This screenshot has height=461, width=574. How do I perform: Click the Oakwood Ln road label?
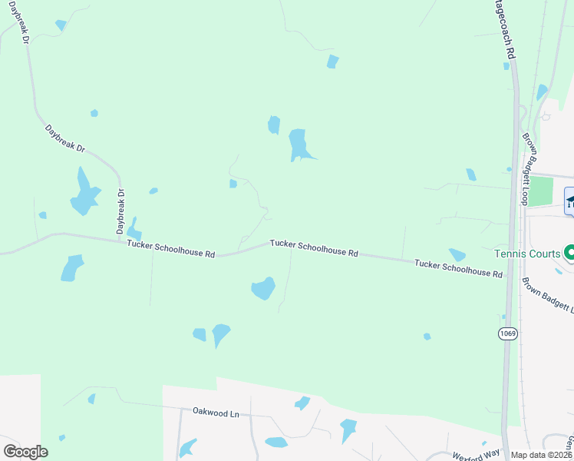[x=216, y=413]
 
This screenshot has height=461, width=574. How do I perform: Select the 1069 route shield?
[x=507, y=333]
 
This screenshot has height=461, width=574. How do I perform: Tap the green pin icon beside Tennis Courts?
[x=569, y=252]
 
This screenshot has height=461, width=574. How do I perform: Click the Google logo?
[x=25, y=452]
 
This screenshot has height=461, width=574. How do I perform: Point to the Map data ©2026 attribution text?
[x=542, y=455]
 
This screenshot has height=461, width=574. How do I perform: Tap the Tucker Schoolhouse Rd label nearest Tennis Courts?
[x=458, y=268]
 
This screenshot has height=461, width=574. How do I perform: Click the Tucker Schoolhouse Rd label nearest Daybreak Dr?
[x=171, y=248]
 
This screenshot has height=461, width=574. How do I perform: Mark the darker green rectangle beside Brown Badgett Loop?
[x=542, y=191]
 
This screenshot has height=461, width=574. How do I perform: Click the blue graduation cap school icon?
[x=570, y=202]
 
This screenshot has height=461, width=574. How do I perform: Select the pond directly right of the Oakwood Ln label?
[x=302, y=403]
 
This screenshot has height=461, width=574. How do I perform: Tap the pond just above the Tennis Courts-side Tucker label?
[x=457, y=254]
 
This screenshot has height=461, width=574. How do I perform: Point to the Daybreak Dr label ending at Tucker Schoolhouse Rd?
[x=120, y=211]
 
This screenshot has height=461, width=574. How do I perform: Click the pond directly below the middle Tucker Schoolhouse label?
[x=263, y=288]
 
